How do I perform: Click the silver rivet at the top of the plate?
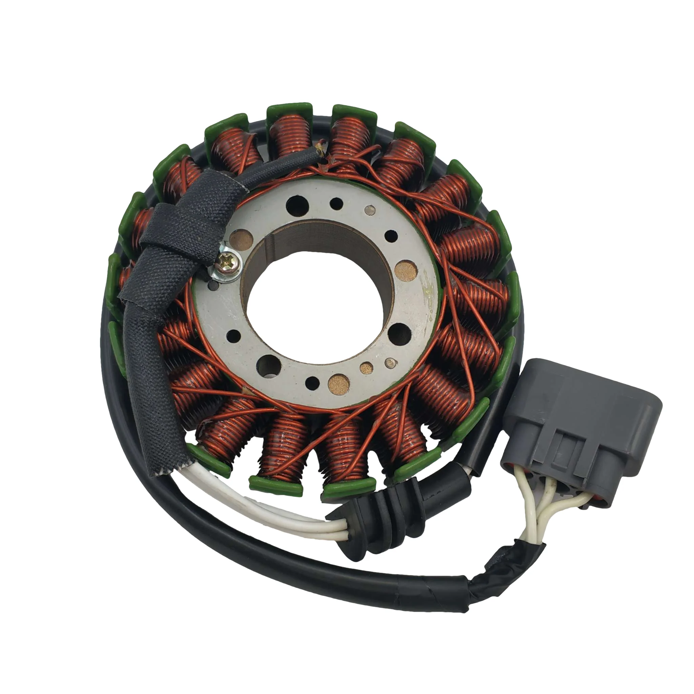(x=369, y=209)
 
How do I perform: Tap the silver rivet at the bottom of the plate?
(x=389, y=363)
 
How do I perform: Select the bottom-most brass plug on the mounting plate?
(x=339, y=383)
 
